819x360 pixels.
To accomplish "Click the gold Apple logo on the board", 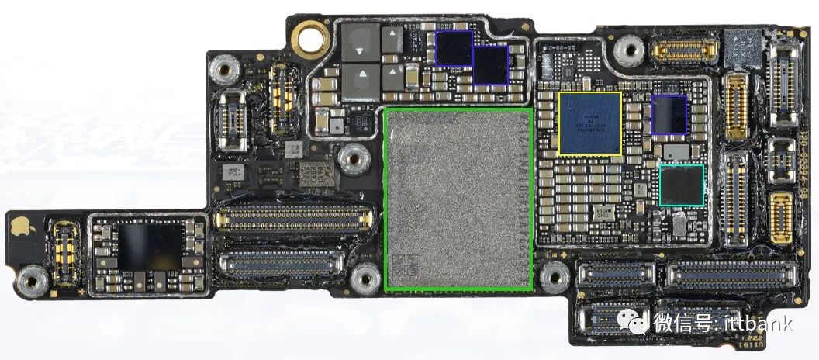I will point(19,226).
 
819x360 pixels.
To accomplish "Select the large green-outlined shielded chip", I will point(458,199).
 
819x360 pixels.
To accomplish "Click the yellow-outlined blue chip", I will point(590,123).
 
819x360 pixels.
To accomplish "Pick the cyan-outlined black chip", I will point(681,185).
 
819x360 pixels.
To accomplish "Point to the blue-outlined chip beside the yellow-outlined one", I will point(669,115).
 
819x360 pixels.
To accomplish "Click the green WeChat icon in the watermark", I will point(637,322).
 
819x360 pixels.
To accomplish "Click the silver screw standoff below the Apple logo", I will point(32,277).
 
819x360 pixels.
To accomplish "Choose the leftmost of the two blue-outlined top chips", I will point(454,48).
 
